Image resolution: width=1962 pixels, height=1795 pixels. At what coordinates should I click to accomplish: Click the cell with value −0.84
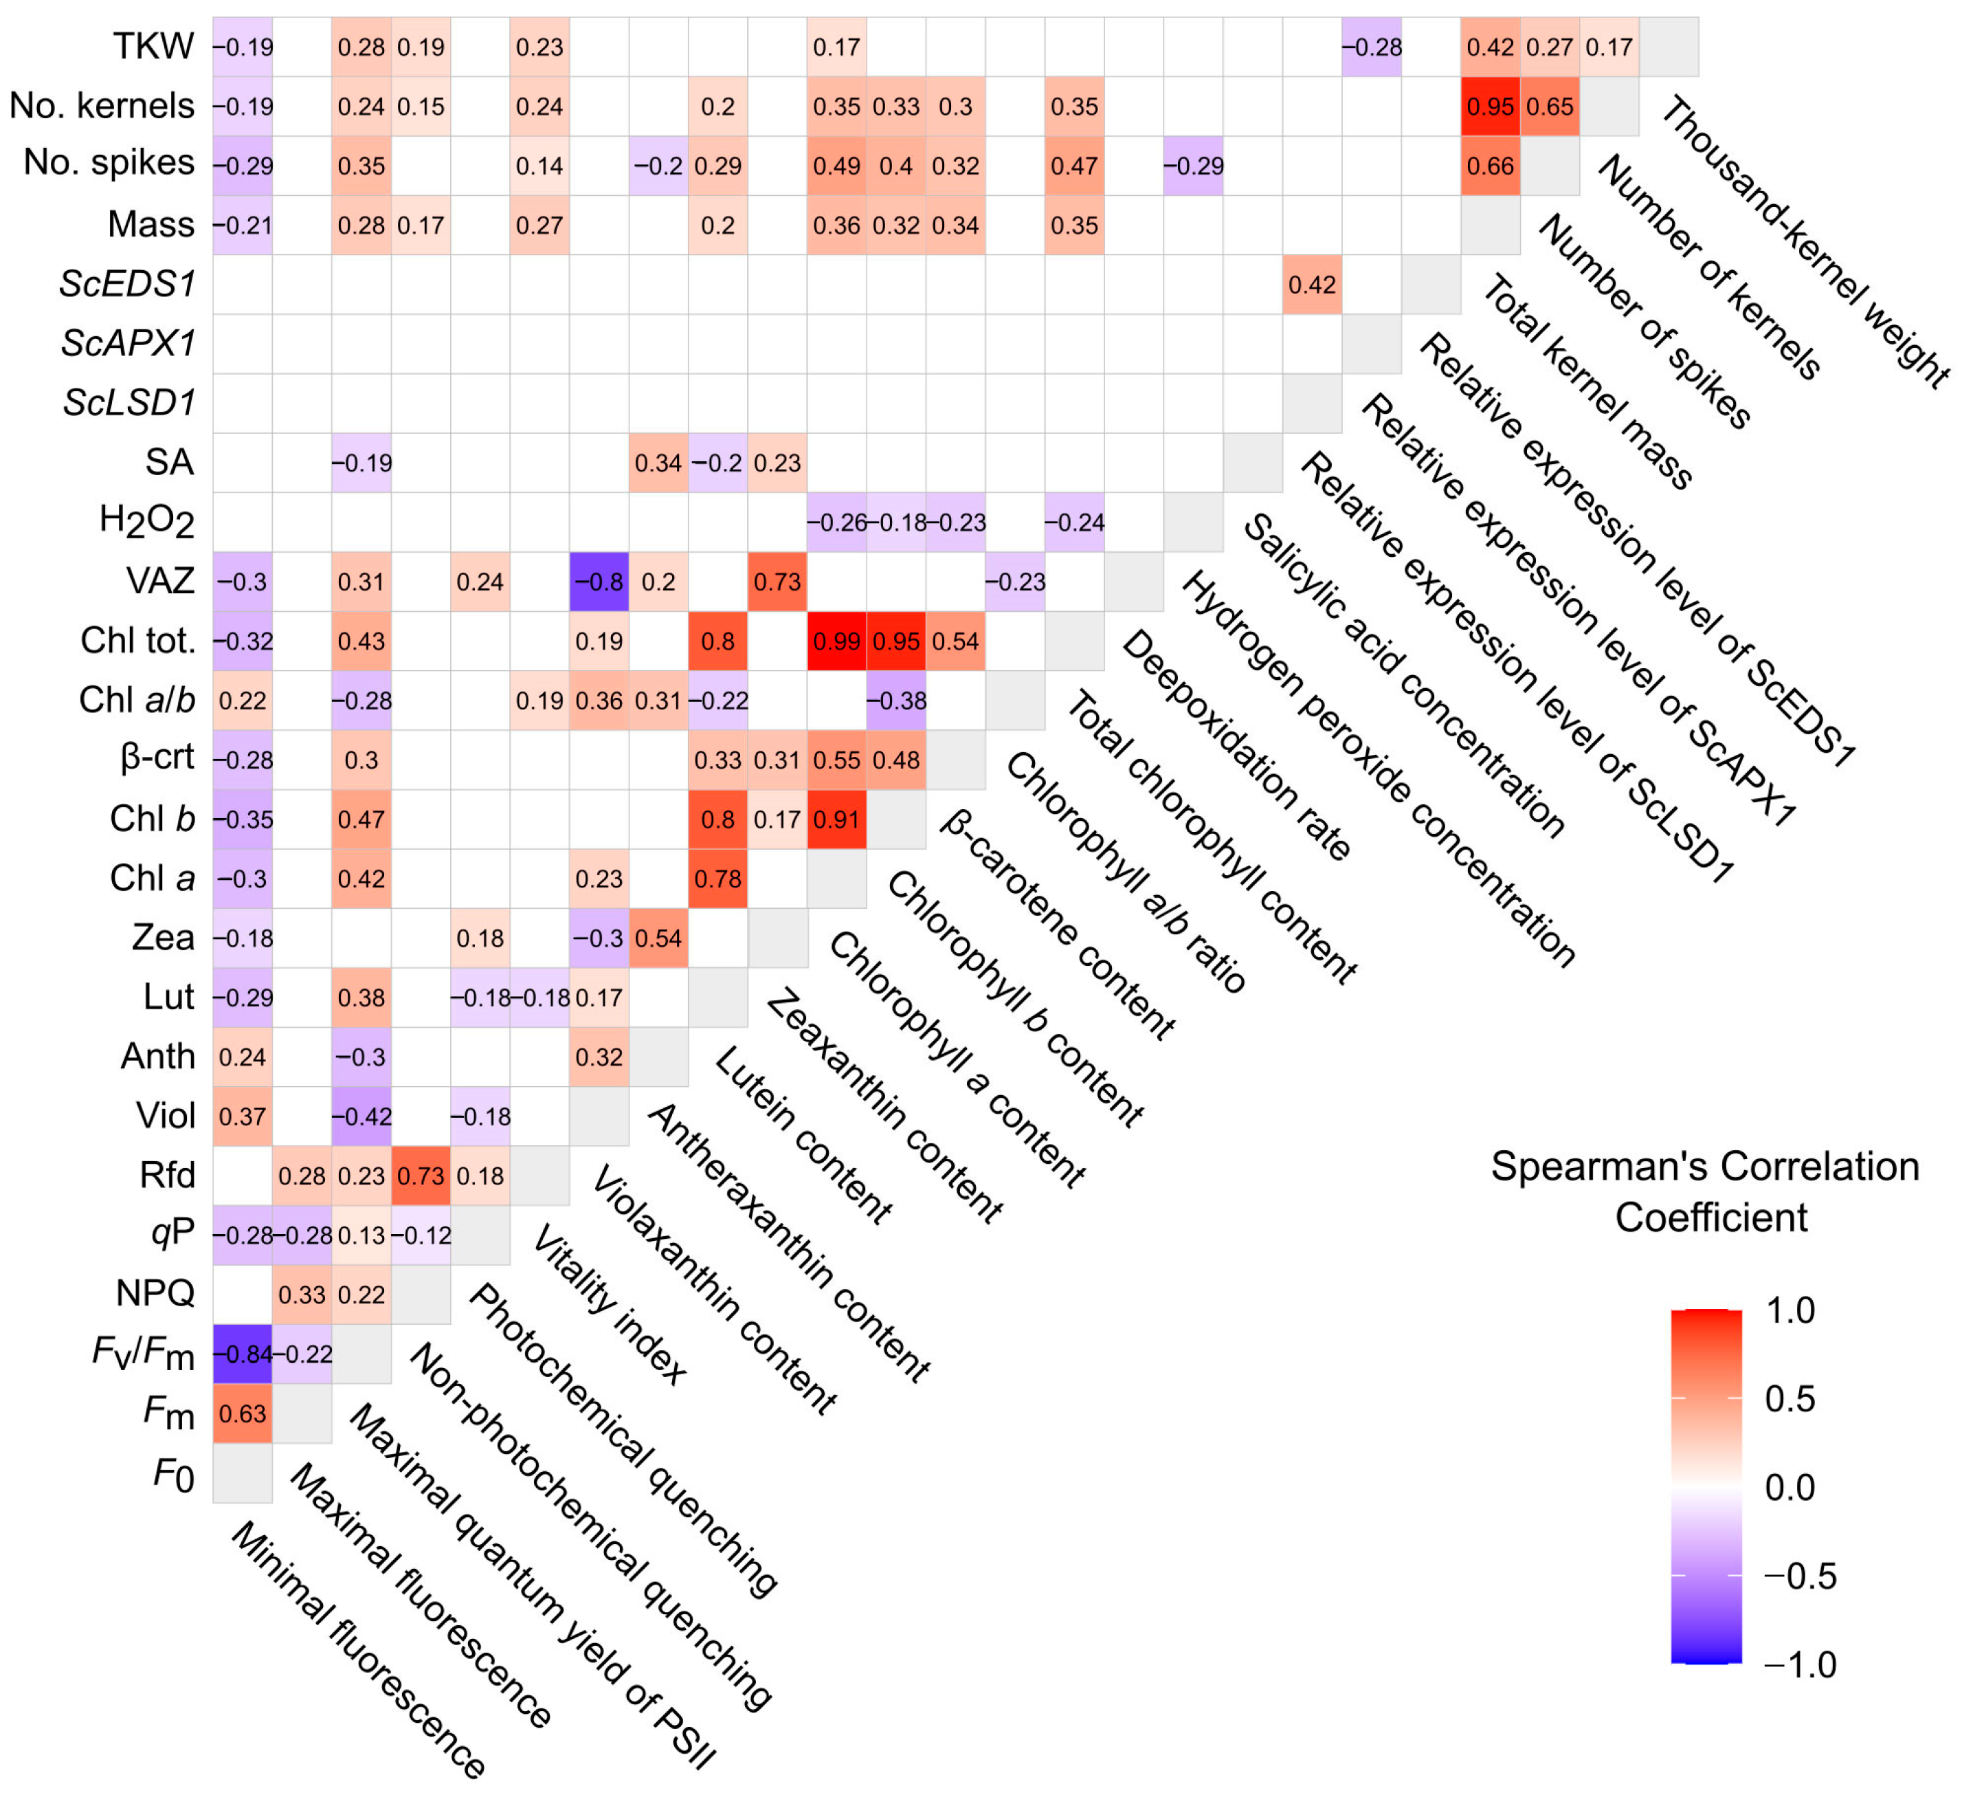[x=243, y=1354]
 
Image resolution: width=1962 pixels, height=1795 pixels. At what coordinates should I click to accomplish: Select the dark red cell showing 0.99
[x=837, y=641]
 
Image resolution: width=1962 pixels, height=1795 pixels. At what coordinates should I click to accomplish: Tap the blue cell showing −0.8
[x=599, y=582]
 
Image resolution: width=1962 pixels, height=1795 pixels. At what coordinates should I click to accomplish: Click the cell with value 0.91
[x=837, y=819]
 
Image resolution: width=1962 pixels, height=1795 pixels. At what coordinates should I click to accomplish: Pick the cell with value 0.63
[x=243, y=1413]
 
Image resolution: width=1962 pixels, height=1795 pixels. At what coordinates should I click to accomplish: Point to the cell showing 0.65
[x=1550, y=106]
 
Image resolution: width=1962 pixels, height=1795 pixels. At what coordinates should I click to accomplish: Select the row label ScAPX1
[x=129, y=344]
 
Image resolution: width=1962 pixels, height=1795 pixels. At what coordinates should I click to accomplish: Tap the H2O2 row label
[x=147, y=522]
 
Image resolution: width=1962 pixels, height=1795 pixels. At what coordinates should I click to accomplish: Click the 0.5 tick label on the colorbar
[x=1790, y=1399]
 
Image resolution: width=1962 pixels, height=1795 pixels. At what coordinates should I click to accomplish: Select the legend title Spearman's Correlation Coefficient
[x=1705, y=1191]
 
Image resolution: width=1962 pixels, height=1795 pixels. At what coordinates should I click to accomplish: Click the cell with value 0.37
[x=243, y=1116]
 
